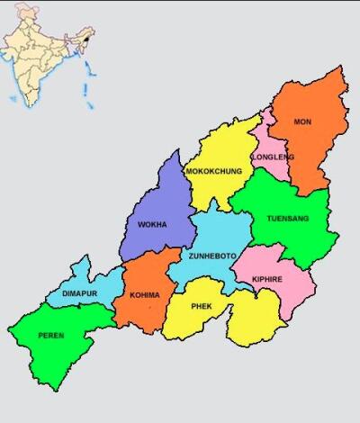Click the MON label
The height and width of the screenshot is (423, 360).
point(303,121)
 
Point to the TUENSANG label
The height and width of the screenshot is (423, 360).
point(287,219)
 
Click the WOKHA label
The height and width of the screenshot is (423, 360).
point(151,225)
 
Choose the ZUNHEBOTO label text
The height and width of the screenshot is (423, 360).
point(212,256)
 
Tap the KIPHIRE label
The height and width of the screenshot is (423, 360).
point(267,279)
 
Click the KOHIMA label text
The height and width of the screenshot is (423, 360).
point(144,294)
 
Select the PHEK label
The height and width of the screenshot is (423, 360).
point(202,306)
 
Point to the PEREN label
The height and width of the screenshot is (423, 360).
point(50,336)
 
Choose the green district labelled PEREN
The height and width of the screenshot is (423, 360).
point(63,355)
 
